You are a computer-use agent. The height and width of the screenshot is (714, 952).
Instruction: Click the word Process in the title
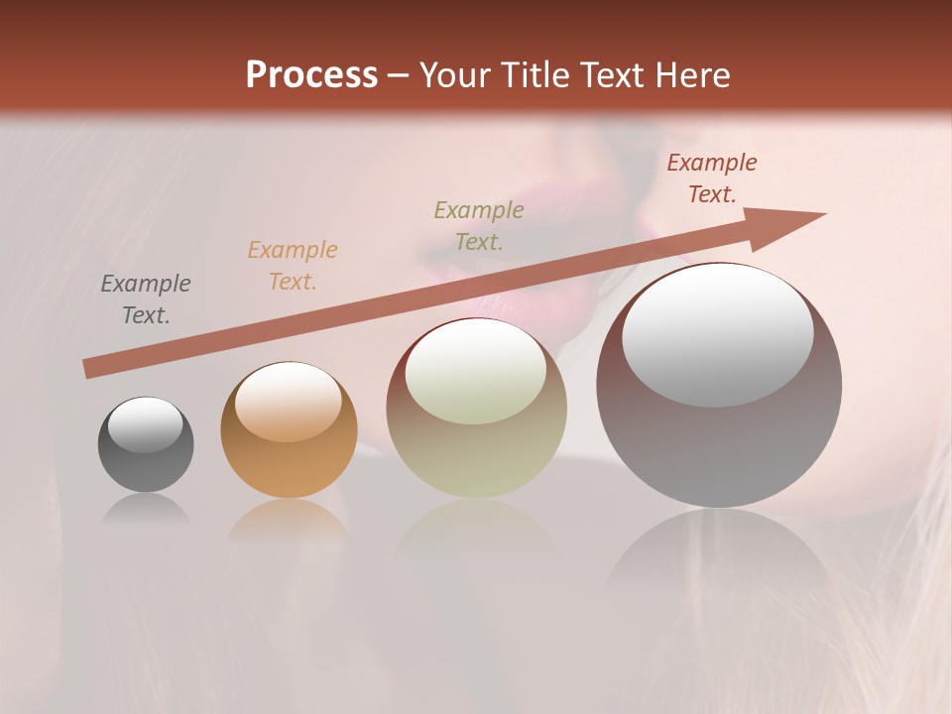pos(311,75)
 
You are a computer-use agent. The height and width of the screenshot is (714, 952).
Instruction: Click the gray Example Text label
pos(146,299)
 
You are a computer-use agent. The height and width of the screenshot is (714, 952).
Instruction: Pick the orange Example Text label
pos(293,266)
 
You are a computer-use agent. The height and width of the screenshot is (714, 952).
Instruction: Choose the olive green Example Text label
pos(479,225)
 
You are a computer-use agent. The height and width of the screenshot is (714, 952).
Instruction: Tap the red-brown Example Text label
pos(712,178)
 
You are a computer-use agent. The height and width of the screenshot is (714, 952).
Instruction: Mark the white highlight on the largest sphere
pos(717,335)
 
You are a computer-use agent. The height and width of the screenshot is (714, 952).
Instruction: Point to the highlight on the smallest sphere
pos(146,424)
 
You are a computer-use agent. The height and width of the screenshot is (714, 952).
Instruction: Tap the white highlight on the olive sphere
pos(476,372)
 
